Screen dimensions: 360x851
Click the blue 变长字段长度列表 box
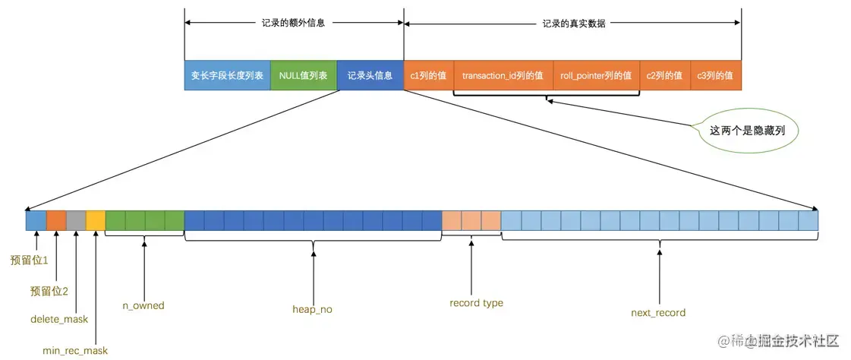227,76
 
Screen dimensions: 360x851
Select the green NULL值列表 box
303,76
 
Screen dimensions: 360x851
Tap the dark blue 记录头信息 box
370,76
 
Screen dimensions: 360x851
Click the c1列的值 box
428,76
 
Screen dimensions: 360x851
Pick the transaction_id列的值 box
503,76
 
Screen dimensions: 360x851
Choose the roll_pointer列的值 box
596,76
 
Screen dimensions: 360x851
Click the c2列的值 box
664,76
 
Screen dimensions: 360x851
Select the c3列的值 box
715,76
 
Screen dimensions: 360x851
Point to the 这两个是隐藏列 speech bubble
746,131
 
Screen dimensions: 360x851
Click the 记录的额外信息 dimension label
293,23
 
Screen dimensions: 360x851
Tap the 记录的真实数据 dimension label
573,23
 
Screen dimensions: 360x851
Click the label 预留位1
30,261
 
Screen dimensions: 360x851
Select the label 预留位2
49,291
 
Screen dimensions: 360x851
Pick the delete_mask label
59,319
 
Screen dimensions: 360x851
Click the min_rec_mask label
75,350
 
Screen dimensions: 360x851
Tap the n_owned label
143,305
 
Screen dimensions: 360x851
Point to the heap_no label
312,309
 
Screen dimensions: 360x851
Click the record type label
476,303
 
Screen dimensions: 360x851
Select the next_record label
658,312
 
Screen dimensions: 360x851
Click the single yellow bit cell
96,220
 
